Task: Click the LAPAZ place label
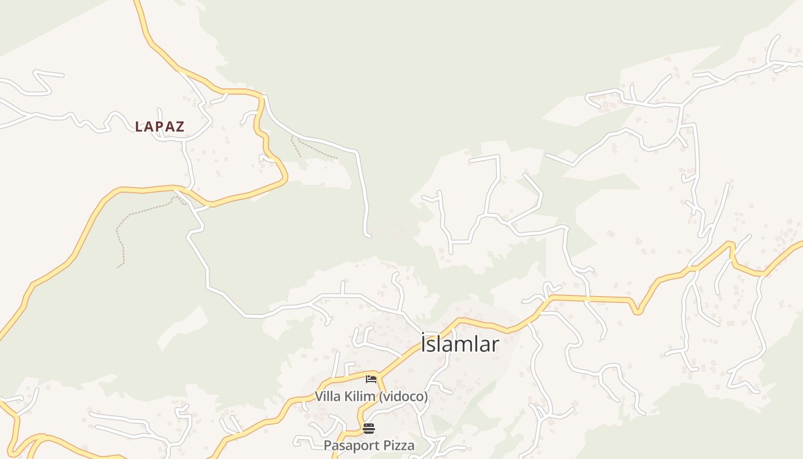[159, 127]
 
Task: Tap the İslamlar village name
[460, 344]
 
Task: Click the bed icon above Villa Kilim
[371, 379]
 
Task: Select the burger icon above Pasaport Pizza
[369, 428]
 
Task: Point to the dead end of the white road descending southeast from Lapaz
[368, 235]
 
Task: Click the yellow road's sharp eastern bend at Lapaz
[285, 178]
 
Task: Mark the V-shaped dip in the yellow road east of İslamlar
[637, 312]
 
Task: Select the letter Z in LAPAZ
[180, 127]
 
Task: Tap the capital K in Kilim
[349, 396]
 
